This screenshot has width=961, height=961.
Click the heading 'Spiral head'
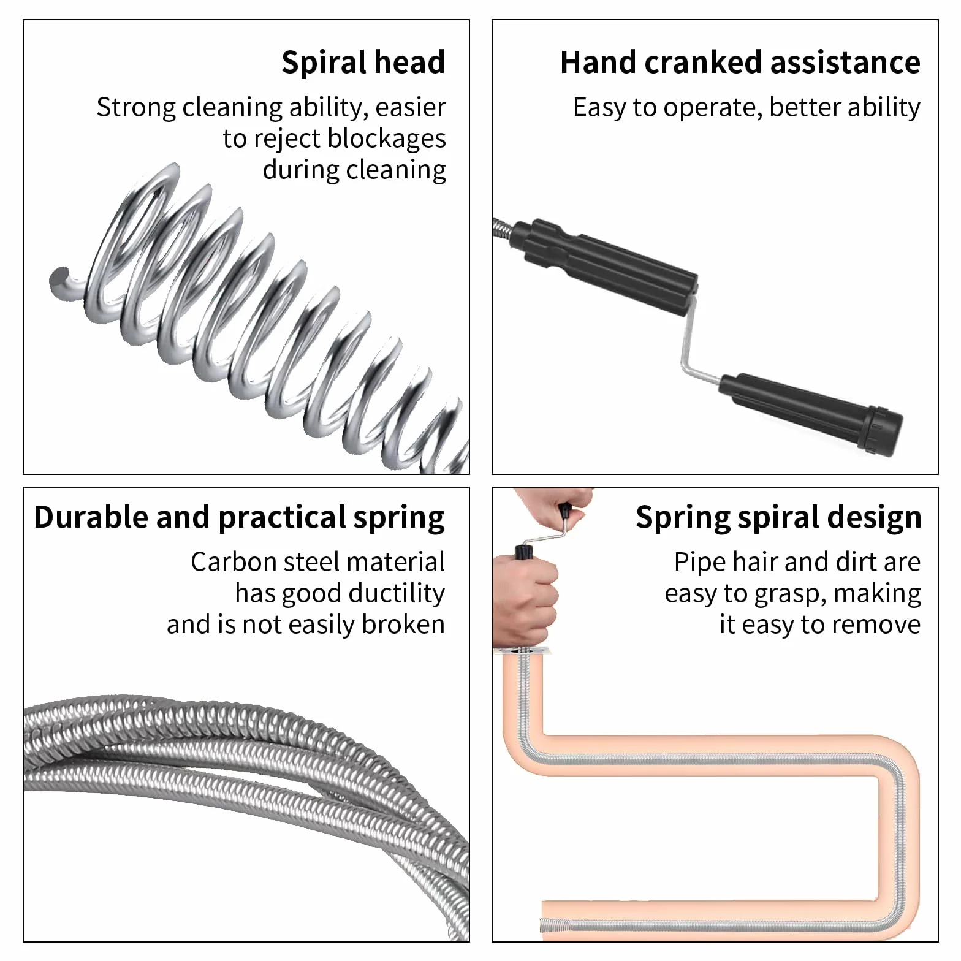tap(363, 63)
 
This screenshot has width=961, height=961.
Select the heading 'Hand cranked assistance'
tap(740, 63)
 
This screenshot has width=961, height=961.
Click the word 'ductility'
tap(397, 593)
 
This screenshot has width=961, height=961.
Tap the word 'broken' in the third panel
tap(403, 625)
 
